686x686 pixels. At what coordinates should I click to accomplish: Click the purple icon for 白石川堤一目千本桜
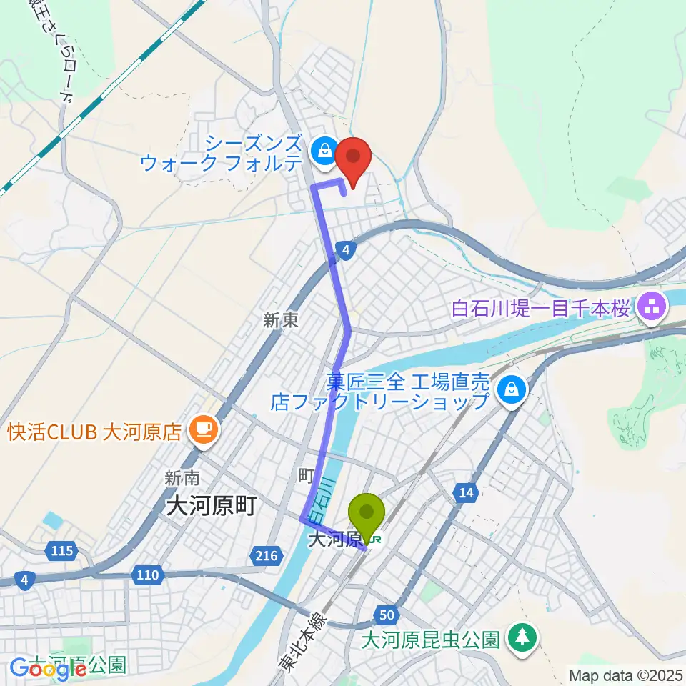coord(652,309)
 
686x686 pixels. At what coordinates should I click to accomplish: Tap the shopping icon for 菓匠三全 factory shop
coord(512,389)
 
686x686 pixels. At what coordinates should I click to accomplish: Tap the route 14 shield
coord(466,492)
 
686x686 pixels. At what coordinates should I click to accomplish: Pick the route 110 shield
coord(148,574)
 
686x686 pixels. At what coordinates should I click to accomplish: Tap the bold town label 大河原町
coord(206,507)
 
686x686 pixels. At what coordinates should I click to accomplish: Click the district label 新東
coord(280,322)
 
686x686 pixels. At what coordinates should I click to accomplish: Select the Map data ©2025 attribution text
coord(626,675)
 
